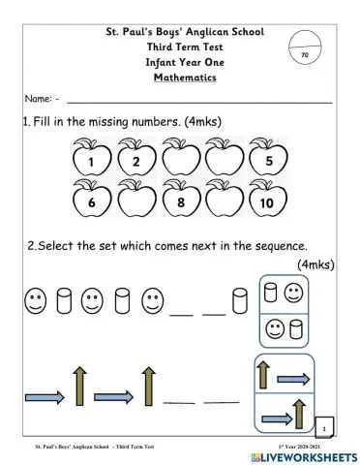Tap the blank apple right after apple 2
[179, 161]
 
